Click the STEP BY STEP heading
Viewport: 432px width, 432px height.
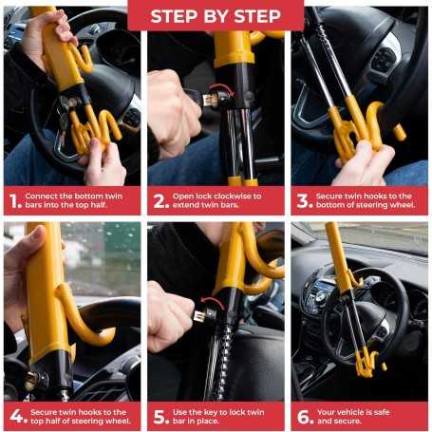pos(216,15)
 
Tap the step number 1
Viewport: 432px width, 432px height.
pos(13,200)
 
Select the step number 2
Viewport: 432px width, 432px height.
pos(159,200)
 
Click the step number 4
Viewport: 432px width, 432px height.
pos(13,416)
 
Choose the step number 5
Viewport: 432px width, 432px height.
pos(159,416)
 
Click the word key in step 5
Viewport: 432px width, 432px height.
pos(216,410)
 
